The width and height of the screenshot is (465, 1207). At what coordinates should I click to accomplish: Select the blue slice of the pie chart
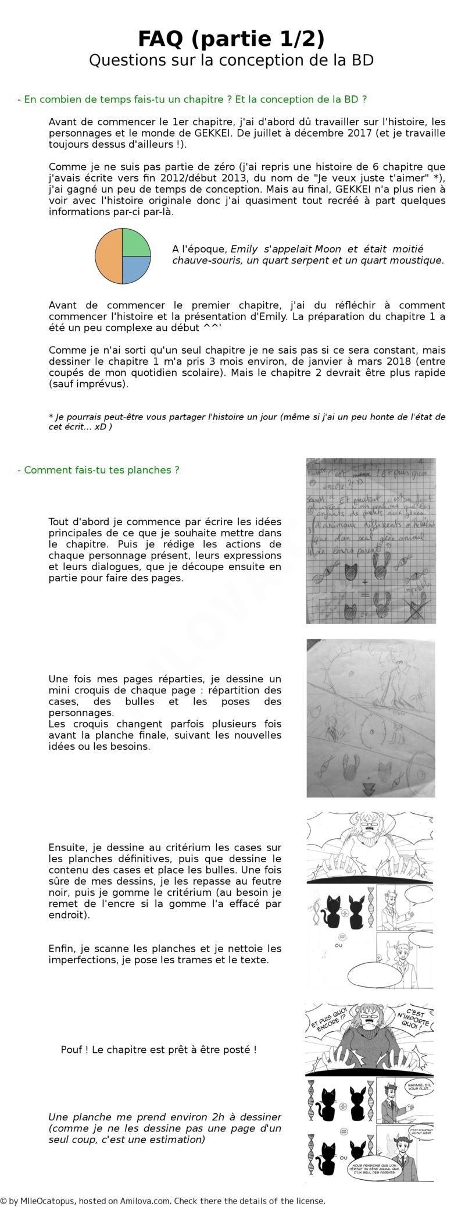(x=136, y=269)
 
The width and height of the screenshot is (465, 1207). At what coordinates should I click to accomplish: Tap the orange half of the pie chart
(x=109, y=256)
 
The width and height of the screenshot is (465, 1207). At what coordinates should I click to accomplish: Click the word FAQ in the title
(x=160, y=39)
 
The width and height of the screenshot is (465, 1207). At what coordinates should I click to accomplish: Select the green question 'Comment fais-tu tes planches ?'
(x=98, y=470)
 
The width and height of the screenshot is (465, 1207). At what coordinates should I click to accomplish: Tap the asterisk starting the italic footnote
(x=51, y=417)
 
